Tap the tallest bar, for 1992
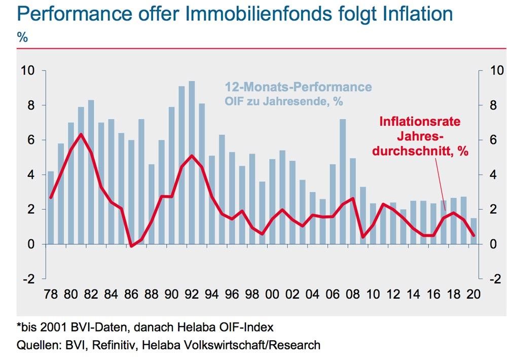click(192, 162)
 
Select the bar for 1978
click(51, 207)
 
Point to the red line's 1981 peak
click(81, 134)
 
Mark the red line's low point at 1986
click(131, 246)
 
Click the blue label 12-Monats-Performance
click(298, 87)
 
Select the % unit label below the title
click(22, 37)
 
